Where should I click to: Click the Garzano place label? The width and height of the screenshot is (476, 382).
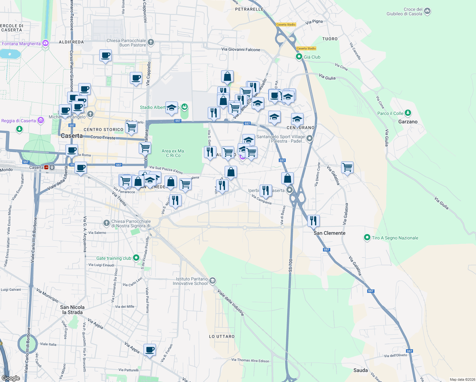408,122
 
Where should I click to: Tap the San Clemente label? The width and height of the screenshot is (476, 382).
329,233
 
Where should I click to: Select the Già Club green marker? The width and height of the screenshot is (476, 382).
299,57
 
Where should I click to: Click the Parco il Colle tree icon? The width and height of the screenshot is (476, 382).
408,113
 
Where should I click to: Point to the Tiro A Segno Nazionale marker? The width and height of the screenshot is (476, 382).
367,237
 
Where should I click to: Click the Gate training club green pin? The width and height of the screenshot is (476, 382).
136,258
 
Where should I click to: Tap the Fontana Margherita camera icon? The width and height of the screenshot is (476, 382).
45,43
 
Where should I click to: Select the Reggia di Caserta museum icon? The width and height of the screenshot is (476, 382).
40,120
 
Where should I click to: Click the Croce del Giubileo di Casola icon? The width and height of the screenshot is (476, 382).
427,11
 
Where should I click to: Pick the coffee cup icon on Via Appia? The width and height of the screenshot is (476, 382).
150,350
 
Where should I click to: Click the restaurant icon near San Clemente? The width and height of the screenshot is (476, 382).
313,220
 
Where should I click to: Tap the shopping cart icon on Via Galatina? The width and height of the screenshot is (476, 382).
347,167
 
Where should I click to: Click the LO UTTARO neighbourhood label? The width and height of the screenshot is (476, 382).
222,336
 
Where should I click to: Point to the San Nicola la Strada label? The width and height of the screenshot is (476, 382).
72,310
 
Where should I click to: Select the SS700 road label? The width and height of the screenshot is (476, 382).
290,265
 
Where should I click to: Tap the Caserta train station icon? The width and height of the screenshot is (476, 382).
46,167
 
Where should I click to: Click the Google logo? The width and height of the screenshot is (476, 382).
11,378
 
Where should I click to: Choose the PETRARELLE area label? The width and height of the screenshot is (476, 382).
249,9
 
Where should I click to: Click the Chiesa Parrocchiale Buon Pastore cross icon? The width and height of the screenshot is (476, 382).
151,42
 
